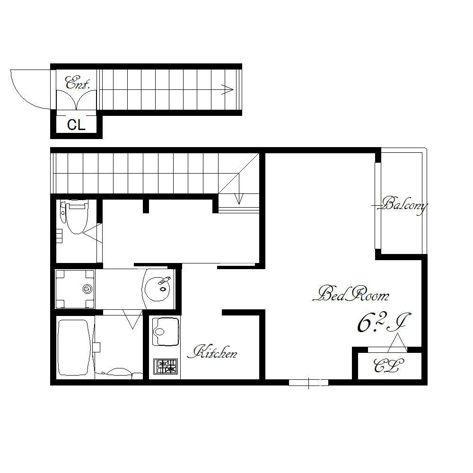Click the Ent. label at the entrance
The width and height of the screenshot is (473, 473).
tap(78, 83)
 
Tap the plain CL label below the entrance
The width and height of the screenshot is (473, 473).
tap(76, 125)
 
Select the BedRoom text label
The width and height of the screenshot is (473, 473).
tap(351, 294)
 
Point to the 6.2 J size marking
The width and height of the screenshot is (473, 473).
tap(384, 323)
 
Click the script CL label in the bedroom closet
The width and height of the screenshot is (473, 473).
tap(388, 366)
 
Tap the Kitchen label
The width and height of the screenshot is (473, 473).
tap(212, 352)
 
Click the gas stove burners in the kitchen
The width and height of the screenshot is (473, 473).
tap(165, 366)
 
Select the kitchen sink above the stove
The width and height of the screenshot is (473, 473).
tap(165, 331)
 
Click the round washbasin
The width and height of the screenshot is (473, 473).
tap(157, 289)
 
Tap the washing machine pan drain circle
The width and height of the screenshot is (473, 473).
tap(87, 289)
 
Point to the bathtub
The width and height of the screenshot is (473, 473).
tap(74, 348)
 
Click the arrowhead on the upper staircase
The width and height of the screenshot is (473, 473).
tap(228, 89)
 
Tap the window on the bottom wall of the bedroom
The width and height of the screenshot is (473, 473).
tap(308, 383)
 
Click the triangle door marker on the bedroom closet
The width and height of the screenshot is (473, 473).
tap(397, 342)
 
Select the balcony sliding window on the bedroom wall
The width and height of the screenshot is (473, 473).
tap(377, 206)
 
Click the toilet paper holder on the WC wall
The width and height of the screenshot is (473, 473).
tap(60, 236)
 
